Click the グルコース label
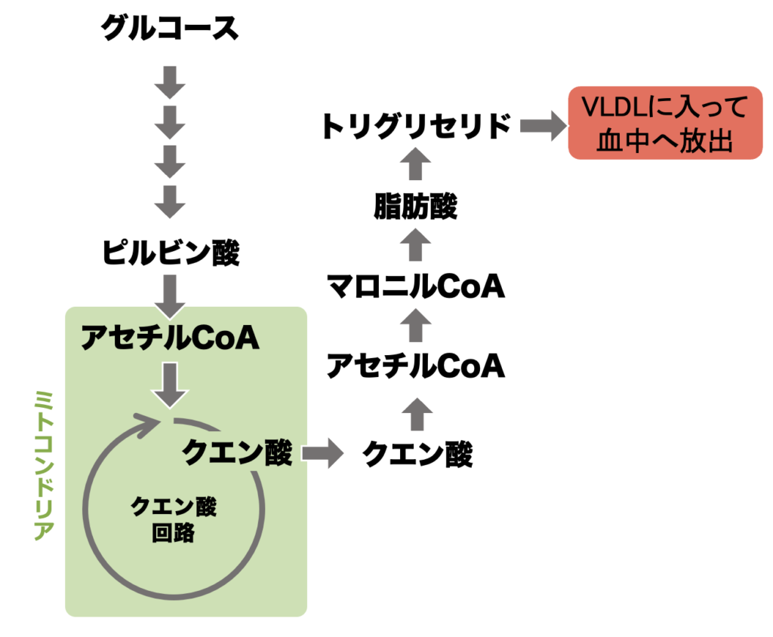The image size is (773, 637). (170, 29)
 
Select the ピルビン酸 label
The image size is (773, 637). (170, 253)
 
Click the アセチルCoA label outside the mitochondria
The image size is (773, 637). (414, 367)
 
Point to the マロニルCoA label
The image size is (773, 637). (414, 286)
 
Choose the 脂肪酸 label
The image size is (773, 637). (414, 207)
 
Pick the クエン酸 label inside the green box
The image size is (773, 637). (237, 453)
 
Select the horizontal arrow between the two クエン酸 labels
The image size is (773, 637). (322, 454)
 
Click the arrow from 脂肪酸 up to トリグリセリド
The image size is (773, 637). (414, 165)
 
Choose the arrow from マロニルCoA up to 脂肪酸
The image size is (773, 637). (414, 246)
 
